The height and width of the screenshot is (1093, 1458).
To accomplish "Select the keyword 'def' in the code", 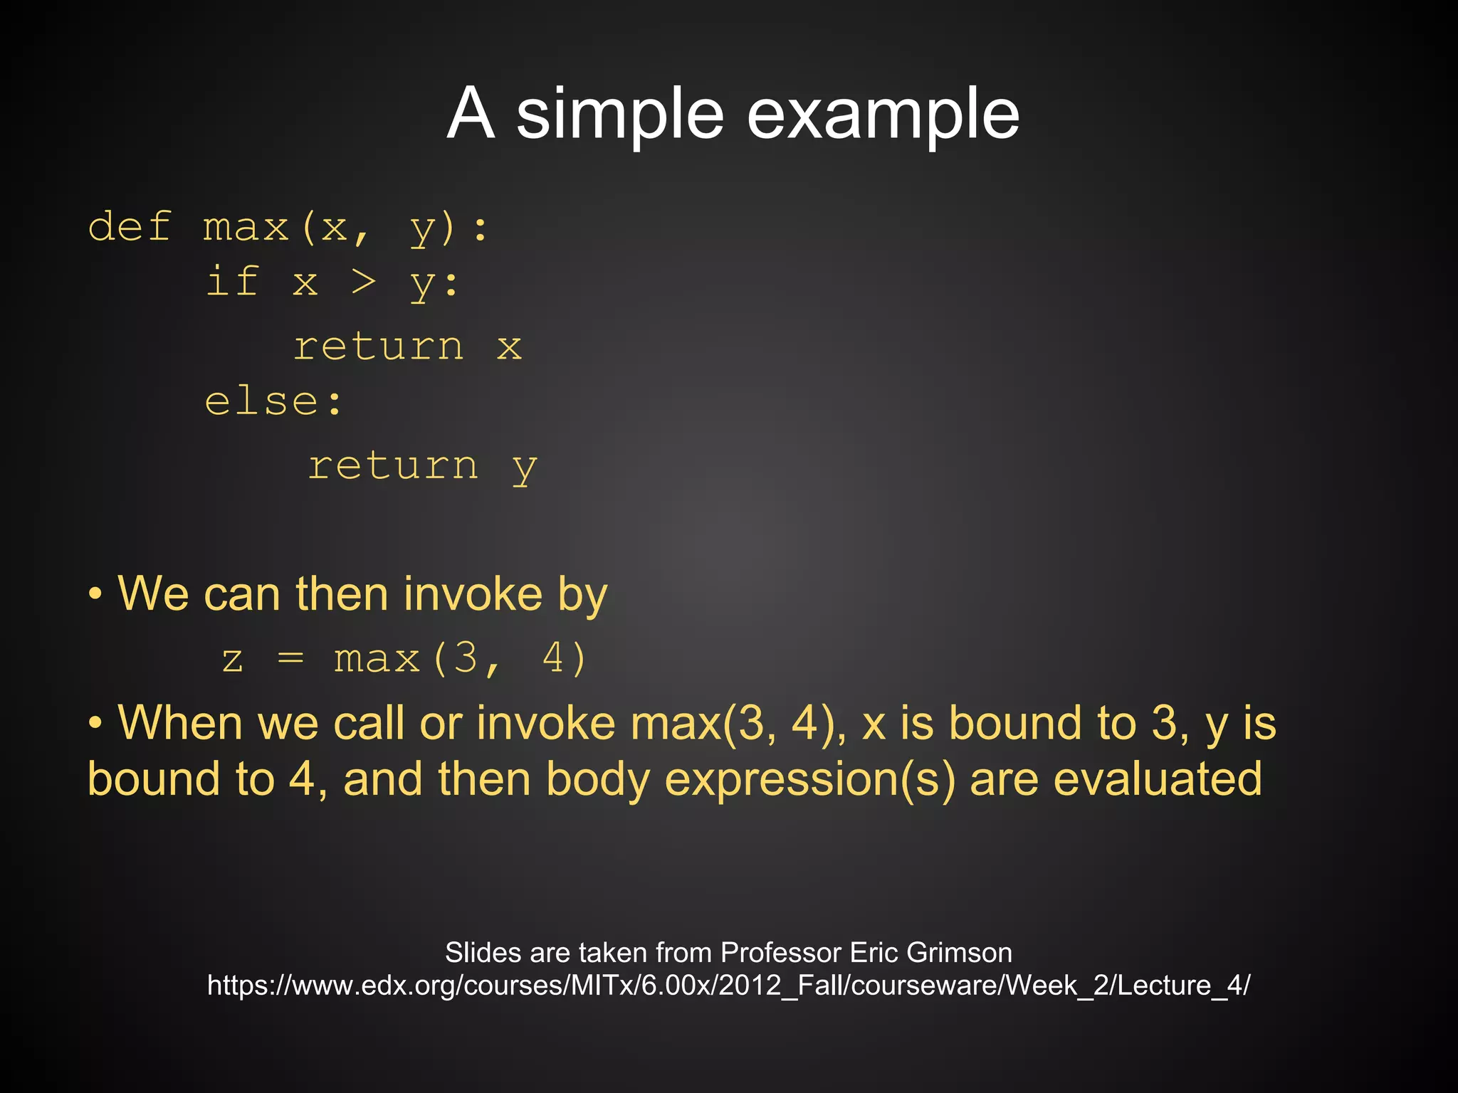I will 130,227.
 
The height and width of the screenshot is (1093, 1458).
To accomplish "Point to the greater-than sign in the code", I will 363,283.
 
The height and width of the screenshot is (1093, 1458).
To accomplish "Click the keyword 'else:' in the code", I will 273,401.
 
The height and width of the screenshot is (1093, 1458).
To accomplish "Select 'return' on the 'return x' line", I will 379,347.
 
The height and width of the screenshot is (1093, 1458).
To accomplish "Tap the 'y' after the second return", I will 525,468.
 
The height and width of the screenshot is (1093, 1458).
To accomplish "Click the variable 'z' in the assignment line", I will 233,659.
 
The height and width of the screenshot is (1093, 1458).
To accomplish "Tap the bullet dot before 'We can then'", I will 95,594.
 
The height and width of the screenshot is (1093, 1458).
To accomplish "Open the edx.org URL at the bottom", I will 728,986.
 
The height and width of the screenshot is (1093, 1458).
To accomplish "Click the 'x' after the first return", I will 509,347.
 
